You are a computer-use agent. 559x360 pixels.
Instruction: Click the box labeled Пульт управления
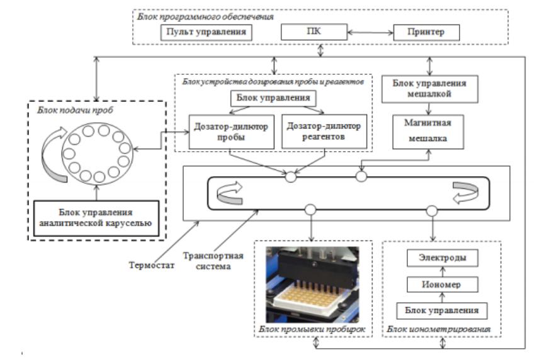click(x=206, y=32)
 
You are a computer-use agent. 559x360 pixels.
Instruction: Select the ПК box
click(x=313, y=31)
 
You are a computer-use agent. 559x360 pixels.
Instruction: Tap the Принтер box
click(x=426, y=32)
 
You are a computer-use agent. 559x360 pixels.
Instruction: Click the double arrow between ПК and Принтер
click(x=370, y=33)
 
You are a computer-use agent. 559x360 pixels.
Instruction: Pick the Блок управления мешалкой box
click(x=429, y=89)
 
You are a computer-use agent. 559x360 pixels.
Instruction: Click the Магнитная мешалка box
click(x=428, y=132)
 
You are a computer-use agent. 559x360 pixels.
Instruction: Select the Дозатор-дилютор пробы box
click(x=232, y=132)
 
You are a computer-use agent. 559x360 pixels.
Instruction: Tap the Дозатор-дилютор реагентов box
click(x=324, y=131)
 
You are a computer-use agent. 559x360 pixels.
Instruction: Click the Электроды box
click(x=442, y=258)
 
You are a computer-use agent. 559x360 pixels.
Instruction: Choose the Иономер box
click(x=442, y=284)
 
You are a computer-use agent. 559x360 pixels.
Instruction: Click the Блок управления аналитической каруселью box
click(x=96, y=218)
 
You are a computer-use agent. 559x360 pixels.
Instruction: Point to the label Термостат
click(x=152, y=265)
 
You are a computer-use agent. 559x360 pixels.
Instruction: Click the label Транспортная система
click(x=213, y=261)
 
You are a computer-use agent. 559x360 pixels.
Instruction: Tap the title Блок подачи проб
click(x=75, y=110)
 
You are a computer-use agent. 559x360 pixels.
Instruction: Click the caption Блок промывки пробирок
click(x=312, y=329)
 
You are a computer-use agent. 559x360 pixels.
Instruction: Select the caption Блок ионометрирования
click(x=439, y=329)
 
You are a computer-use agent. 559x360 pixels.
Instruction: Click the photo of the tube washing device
click(x=313, y=284)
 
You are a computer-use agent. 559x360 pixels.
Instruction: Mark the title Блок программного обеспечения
click(x=205, y=17)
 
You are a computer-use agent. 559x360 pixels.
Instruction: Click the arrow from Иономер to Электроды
click(x=443, y=271)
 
